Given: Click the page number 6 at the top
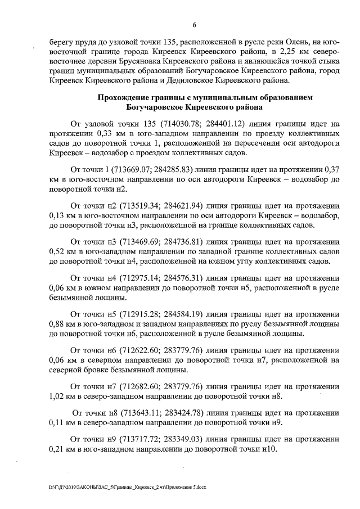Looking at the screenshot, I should click(194, 25).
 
